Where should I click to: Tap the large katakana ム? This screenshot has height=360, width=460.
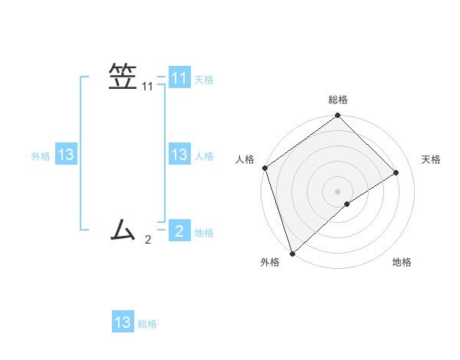click(123, 228)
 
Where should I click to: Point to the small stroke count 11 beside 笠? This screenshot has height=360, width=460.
click(148, 87)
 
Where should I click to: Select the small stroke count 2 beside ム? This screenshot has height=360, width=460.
click(148, 240)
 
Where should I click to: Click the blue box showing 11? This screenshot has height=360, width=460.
click(179, 78)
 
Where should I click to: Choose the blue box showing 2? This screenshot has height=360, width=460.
click(179, 230)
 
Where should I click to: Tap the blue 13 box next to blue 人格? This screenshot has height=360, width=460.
click(179, 155)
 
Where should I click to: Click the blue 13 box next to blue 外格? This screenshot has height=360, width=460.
click(66, 155)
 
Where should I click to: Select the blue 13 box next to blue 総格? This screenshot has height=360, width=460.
click(123, 322)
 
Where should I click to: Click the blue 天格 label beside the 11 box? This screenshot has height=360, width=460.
click(204, 79)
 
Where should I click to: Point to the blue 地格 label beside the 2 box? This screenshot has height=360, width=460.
click(204, 232)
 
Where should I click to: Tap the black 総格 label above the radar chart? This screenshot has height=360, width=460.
click(337, 100)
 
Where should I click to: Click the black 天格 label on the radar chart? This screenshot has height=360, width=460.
click(431, 159)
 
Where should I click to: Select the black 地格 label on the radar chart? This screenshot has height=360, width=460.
click(402, 262)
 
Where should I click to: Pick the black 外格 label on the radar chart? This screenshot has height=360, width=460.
click(270, 262)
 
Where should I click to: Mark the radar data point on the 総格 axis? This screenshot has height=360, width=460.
click(337, 116)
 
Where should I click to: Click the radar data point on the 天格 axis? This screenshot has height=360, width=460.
click(396, 172)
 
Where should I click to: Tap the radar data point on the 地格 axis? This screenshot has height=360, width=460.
click(347, 204)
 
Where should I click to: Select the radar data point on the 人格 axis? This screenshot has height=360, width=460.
click(264, 168)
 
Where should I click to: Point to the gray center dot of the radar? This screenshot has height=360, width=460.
click(337, 191)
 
